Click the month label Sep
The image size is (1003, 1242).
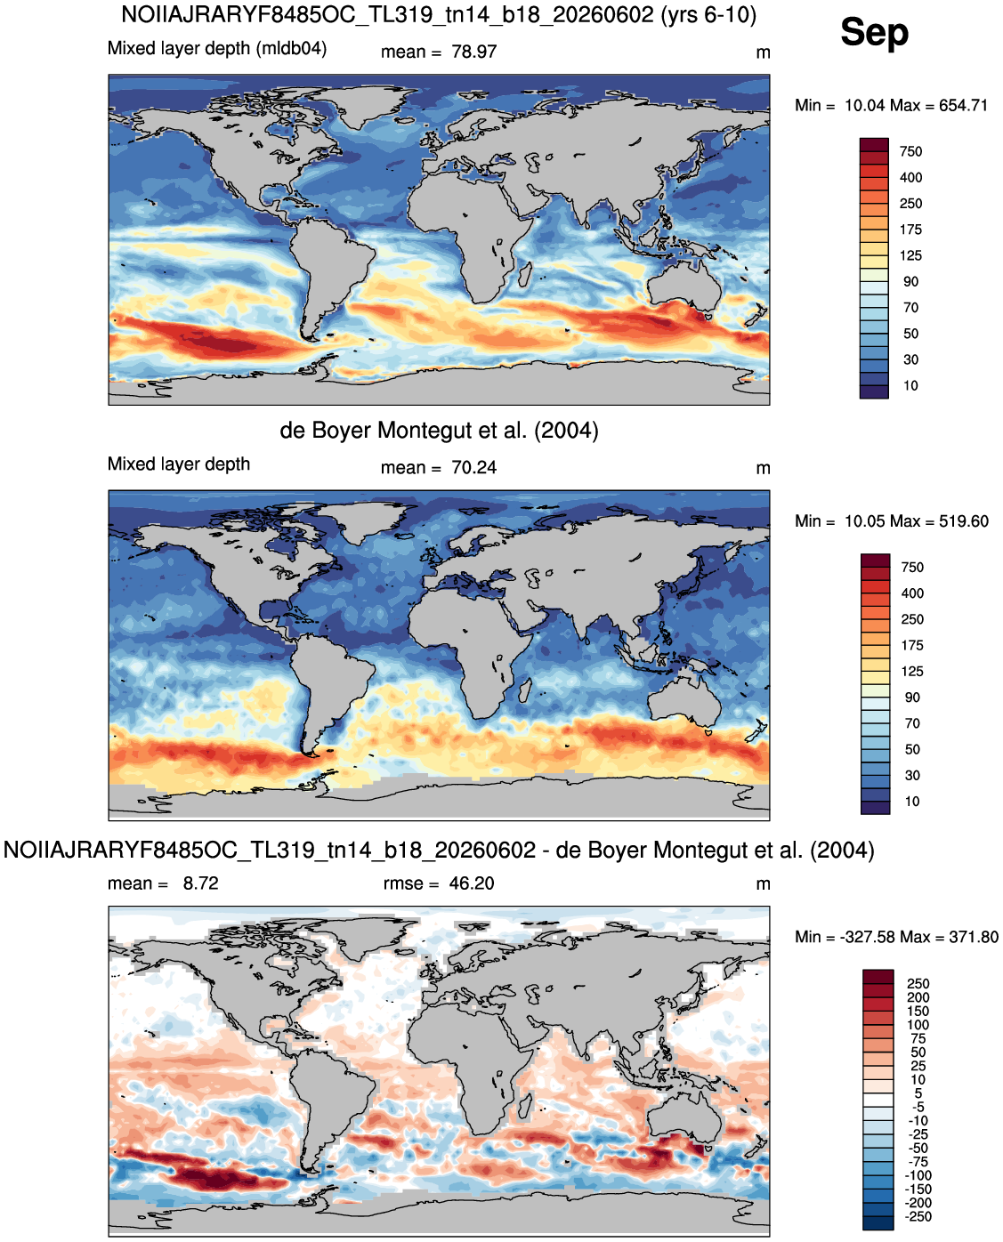[x=874, y=33]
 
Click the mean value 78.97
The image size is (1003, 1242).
[x=473, y=52]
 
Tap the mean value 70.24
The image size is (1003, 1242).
[x=473, y=468]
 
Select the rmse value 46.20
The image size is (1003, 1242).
[x=471, y=883]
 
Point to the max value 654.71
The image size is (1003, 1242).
[x=963, y=106]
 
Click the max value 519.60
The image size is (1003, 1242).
[x=964, y=521]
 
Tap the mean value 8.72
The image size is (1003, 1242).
[x=200, y=883]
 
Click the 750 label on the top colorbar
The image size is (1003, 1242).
[x=910, y=151]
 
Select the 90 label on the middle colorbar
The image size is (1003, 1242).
[x=912, y=698]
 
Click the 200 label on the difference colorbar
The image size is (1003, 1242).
[x=918, y=997]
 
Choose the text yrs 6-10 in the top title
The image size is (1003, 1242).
[x=708, y=15]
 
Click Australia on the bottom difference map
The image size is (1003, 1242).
[x=686, y=1117]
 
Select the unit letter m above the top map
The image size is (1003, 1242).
[x=763, y=52]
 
